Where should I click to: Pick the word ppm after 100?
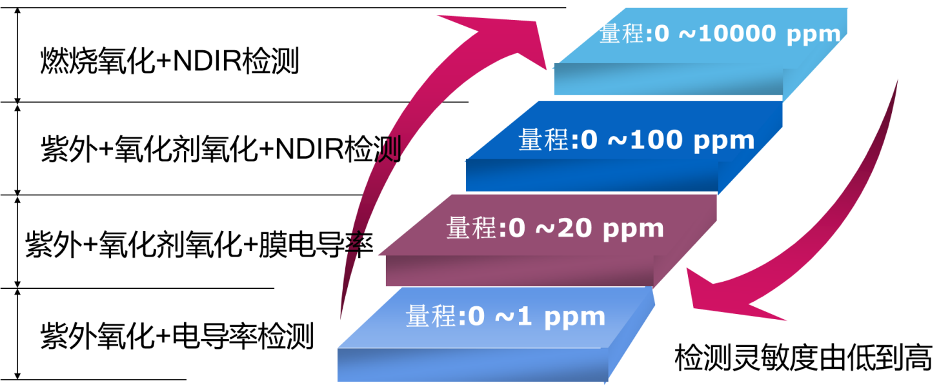click(723, 141)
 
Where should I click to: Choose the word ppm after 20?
click(633, 230)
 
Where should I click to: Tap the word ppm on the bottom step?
click(574, 318)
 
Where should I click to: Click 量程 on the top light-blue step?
click(622, 34)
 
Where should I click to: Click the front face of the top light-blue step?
click(668, 82)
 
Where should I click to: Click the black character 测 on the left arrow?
click(390, 150)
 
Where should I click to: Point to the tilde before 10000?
click(686, 34)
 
